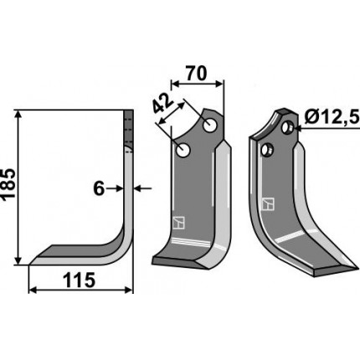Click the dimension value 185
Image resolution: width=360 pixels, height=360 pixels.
click(8, 183)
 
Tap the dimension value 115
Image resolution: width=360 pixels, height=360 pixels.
click(80, 280)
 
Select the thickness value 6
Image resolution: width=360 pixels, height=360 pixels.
click(99, 189)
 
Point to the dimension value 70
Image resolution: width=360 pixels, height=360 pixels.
click(197, 74)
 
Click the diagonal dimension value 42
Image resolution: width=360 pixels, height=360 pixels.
click(162, 104)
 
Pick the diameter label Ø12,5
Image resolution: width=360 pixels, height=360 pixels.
click(332, 118)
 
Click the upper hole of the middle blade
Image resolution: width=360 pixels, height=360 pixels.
click(210, 126)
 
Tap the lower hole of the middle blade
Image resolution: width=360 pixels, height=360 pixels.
click(183, 150)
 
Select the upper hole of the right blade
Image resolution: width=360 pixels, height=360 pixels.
click(286, 127)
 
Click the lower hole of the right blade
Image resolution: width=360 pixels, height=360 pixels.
click(266, 150)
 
